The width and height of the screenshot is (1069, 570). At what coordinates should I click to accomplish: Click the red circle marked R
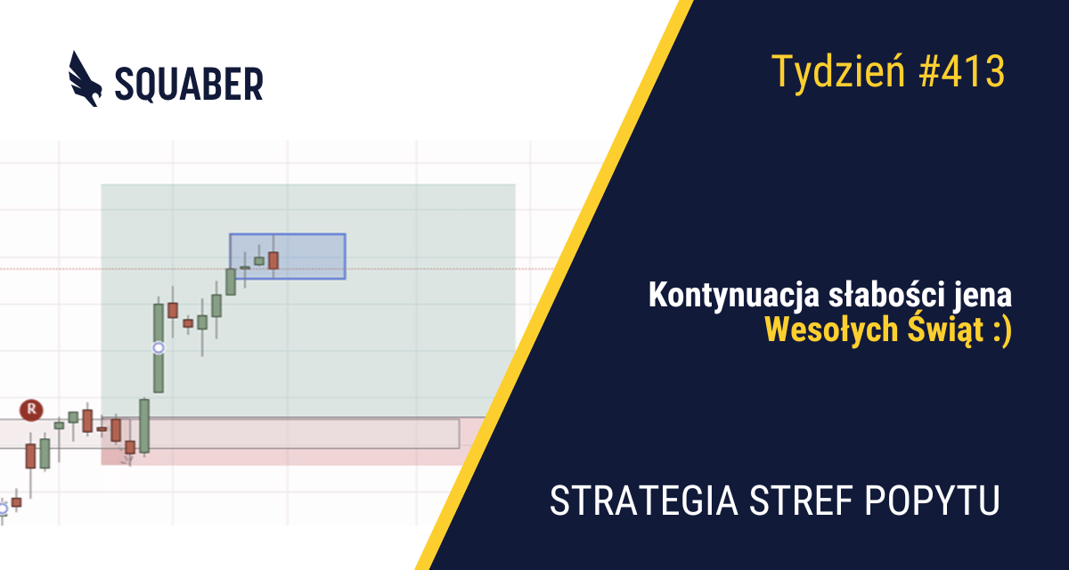[x=32, y=410]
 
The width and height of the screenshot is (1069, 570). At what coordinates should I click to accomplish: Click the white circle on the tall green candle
[x=159, y=347]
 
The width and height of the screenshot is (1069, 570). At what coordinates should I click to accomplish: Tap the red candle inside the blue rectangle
[x=273, y=260]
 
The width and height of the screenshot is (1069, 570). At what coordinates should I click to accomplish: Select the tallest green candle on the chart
[x=159, y=347]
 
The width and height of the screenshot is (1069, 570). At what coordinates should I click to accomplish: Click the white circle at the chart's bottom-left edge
[x=3, y=509]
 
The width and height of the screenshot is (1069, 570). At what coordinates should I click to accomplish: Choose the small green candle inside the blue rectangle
[x=259, y=261]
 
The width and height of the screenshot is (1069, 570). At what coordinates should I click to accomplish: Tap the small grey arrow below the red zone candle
[x=126, y=460]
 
